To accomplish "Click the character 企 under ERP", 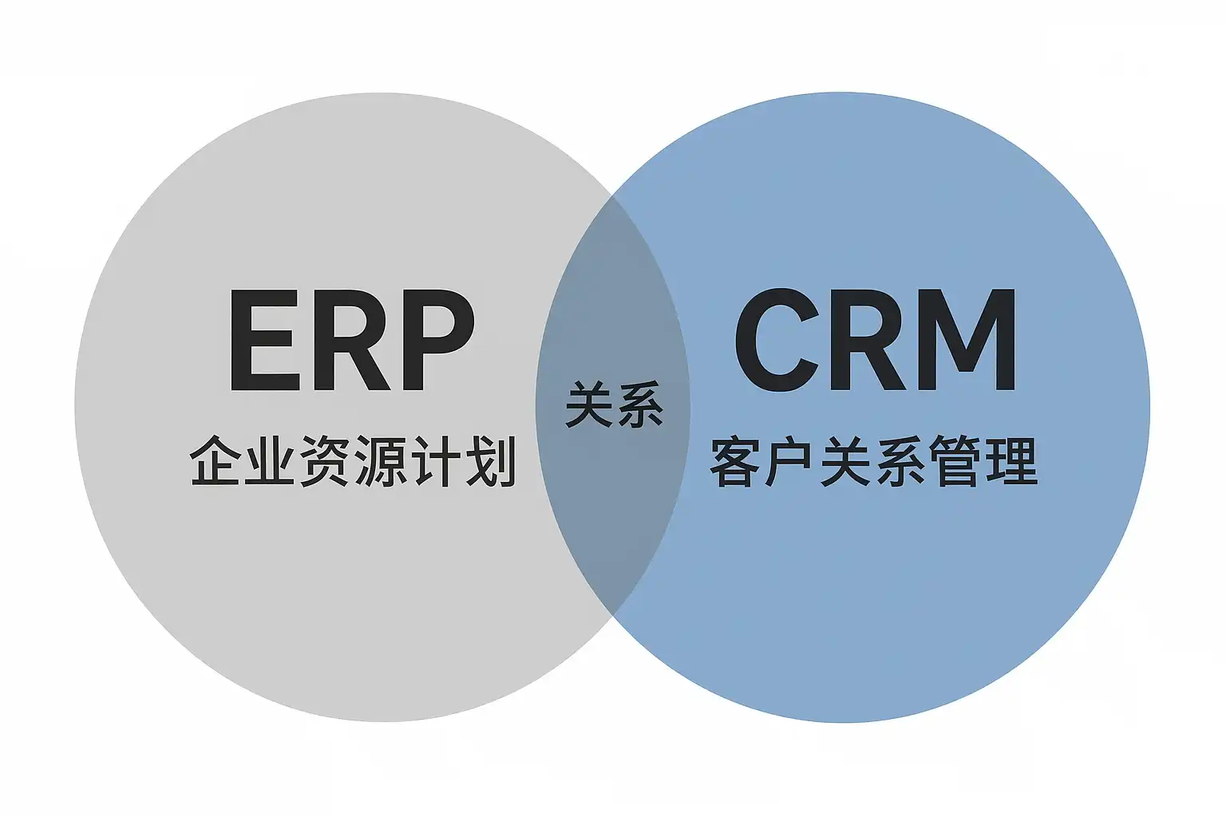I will (x=216, y=461).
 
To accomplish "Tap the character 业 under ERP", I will (x=270, y=461).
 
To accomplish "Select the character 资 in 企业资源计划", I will (x=325, y=461).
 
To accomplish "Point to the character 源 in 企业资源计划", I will (x=380, y=461).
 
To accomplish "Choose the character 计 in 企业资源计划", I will (x=435, y=461).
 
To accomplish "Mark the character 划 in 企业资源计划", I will (x=490, y=461).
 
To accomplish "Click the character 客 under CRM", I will (x=736, y=461).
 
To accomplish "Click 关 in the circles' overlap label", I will (x=590, y=405).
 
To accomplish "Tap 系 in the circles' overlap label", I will (x=639, y=405).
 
